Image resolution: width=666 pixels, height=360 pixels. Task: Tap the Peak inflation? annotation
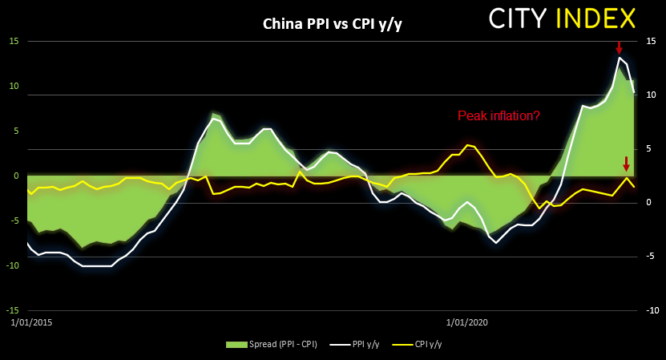coord(498,115)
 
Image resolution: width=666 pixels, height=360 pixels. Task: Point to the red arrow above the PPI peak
coord(619,47)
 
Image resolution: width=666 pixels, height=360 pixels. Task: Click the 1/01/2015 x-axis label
coord(28,322)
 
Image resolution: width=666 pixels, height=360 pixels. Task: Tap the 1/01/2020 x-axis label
coord(466,322)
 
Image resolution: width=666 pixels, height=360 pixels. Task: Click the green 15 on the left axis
coord(14,41)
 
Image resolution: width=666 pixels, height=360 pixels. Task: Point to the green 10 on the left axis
coord(14,86)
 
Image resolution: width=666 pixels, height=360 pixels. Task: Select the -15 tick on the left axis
coord(13,310)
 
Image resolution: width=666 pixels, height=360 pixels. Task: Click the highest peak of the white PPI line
coord(620,57)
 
